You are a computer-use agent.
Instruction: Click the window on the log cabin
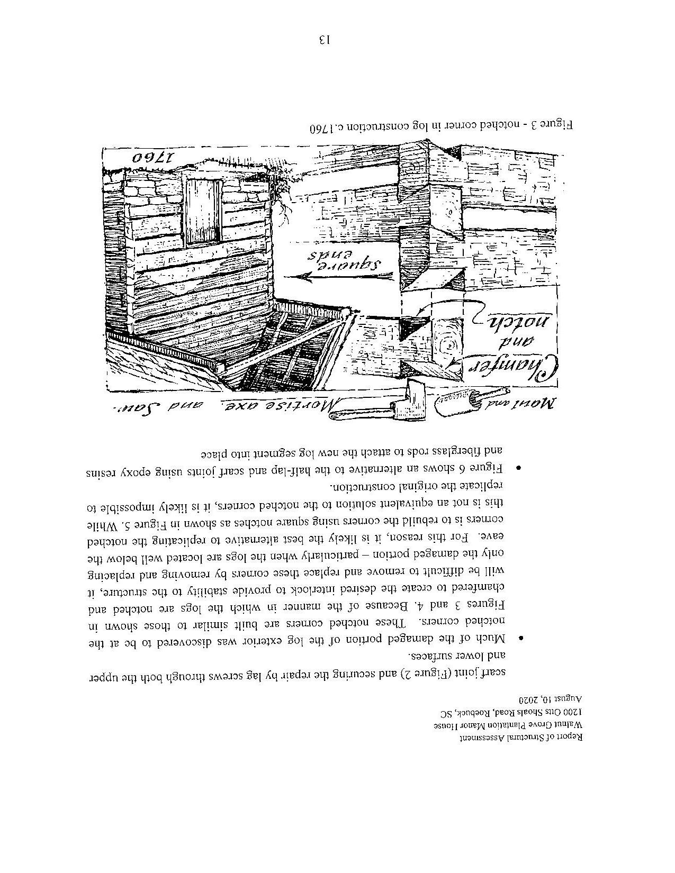(x=203, y=210)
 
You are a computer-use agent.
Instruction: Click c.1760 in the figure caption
(x=324, y=128)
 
